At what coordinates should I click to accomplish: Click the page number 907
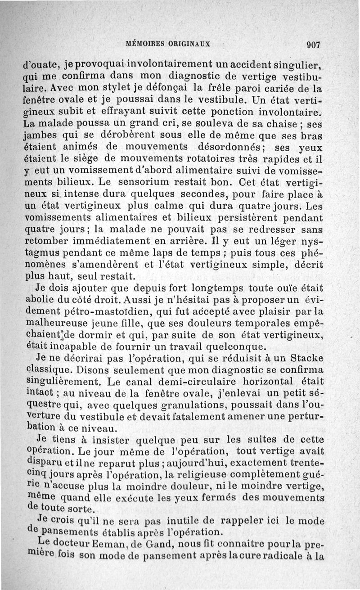(x=312, y=45)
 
